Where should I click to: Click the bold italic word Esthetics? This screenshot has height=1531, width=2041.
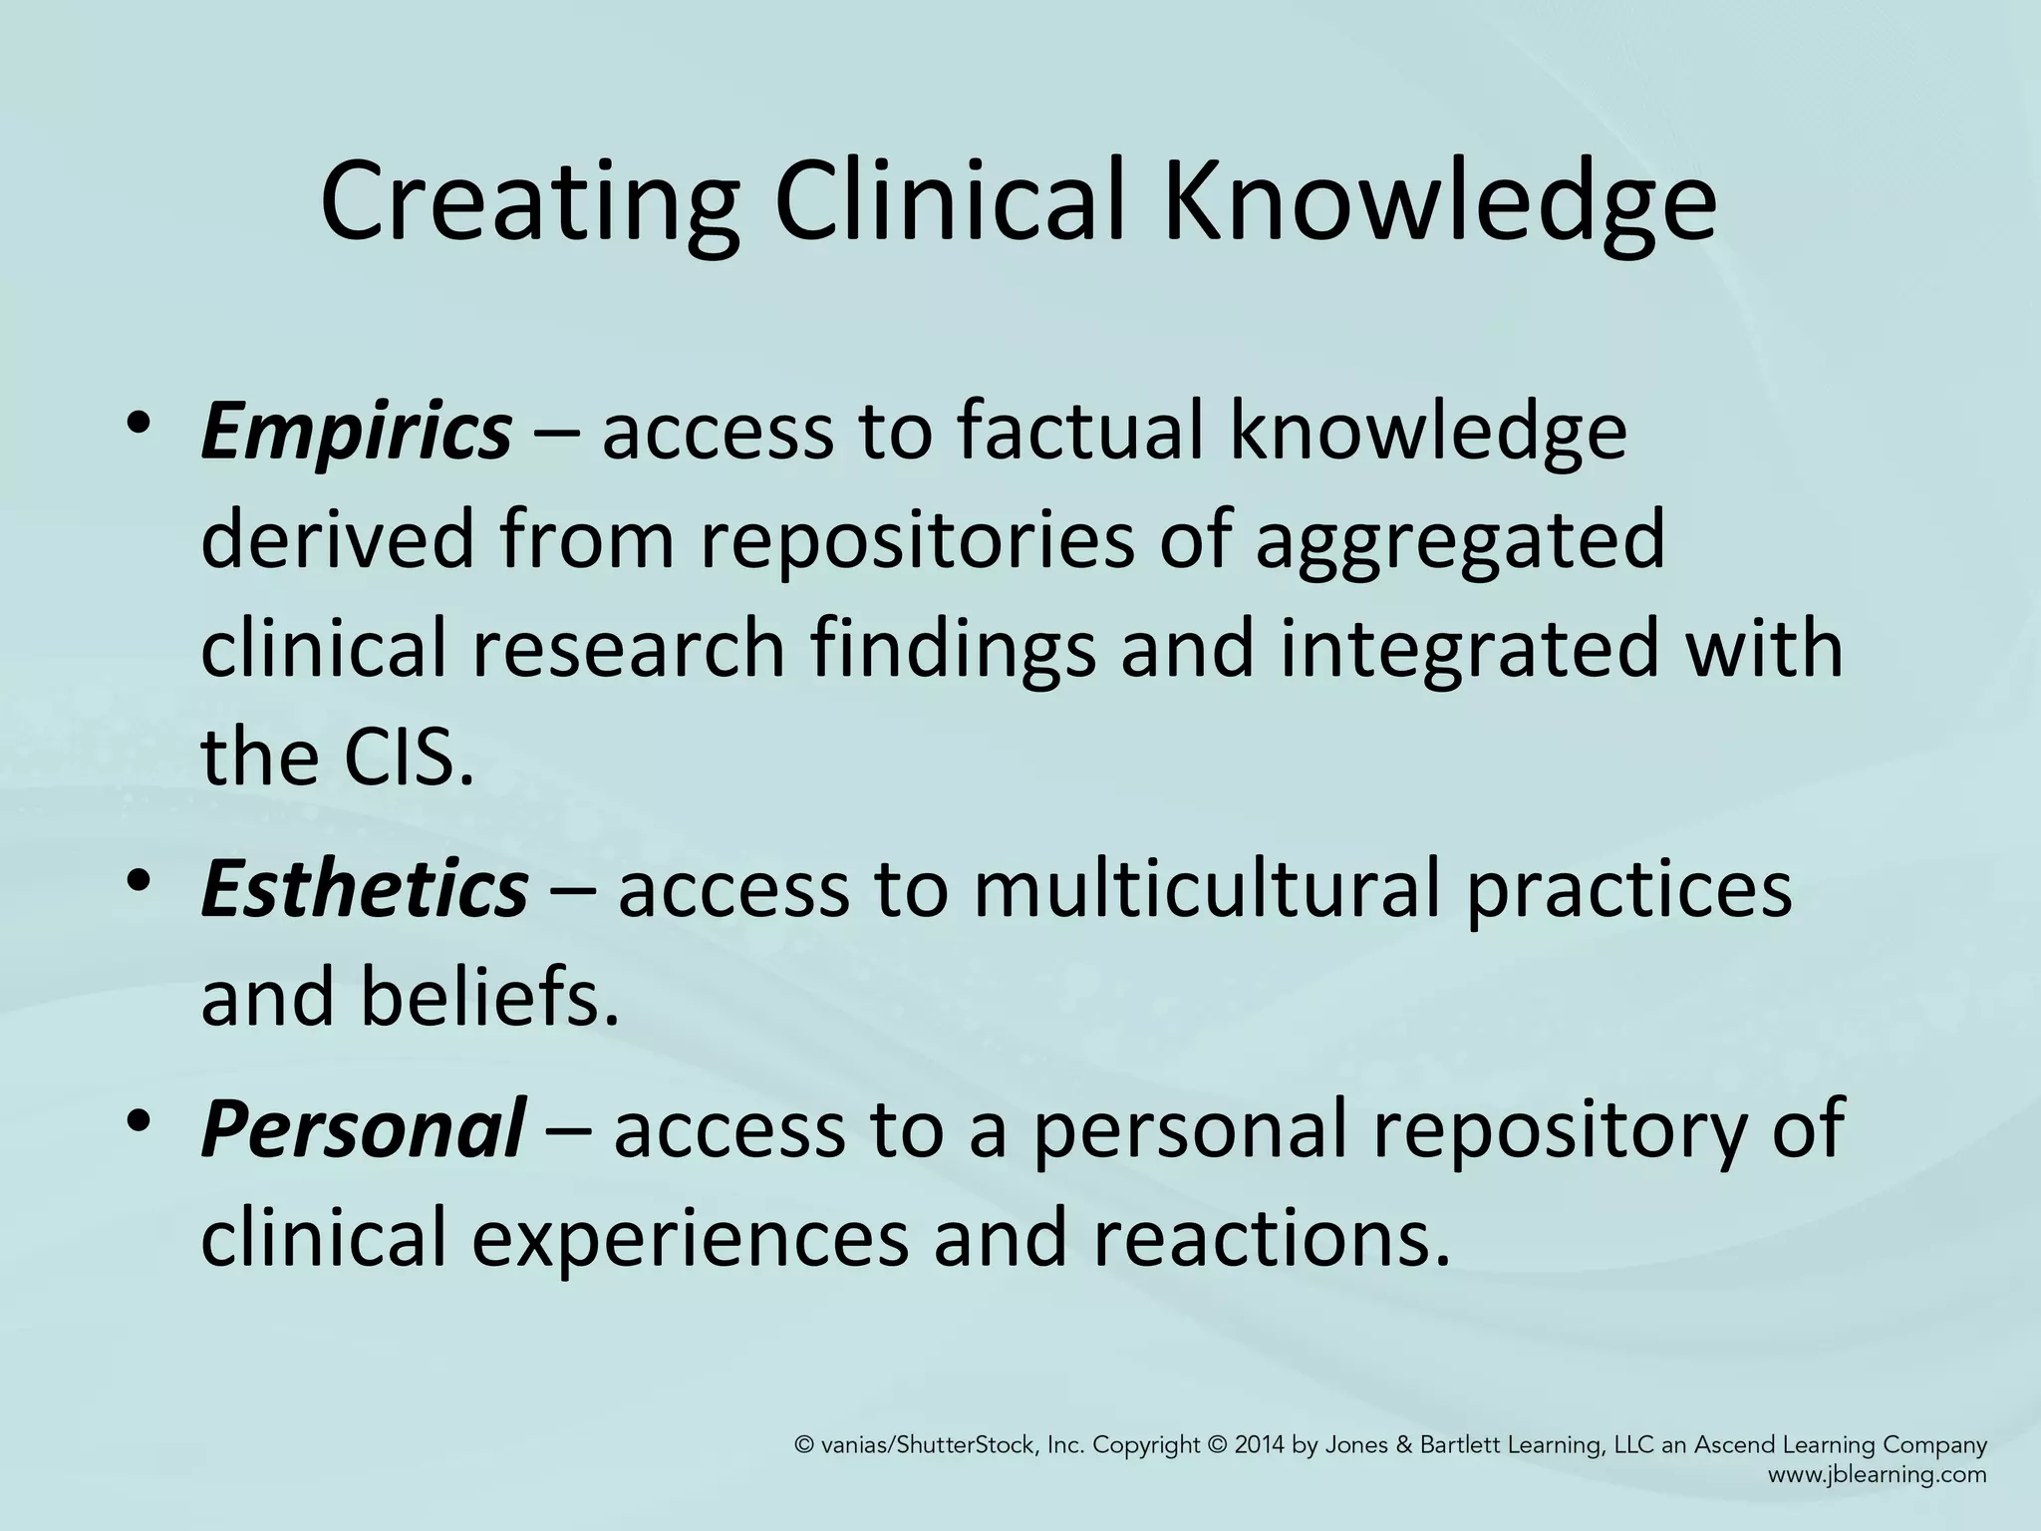(x=364, y=889)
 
